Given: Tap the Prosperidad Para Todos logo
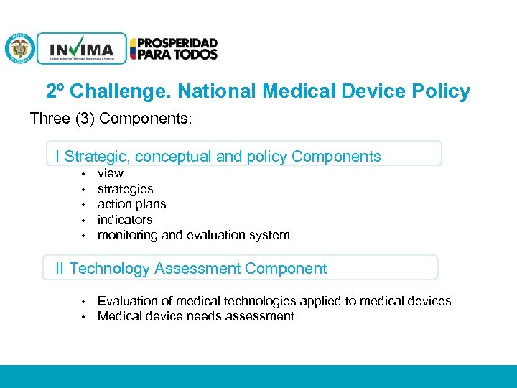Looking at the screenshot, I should tap(174, 49).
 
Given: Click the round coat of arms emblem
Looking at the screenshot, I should tap(19, 49).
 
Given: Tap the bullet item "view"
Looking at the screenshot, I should tap(110, 173).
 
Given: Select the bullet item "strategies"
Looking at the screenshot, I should tap(125, 189).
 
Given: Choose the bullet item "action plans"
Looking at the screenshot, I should tap(131, 204).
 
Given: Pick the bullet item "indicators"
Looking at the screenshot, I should tap(125, 220).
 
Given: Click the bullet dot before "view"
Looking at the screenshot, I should tap(83, 174).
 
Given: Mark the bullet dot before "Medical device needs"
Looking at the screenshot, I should tap(83, 317).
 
